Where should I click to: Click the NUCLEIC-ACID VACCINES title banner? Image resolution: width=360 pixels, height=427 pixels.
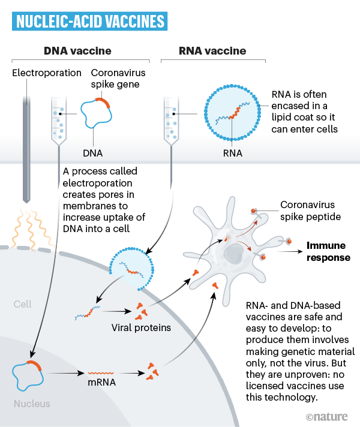click(x=90, y=22)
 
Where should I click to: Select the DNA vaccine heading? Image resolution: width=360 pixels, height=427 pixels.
click(x=78, y=51)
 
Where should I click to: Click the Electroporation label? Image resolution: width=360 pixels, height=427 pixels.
click(x=47, y=73)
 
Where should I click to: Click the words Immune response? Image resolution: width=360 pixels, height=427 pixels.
click(x=328, y=251)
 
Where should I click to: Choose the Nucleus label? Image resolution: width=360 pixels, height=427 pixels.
click(x=31, y=404)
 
